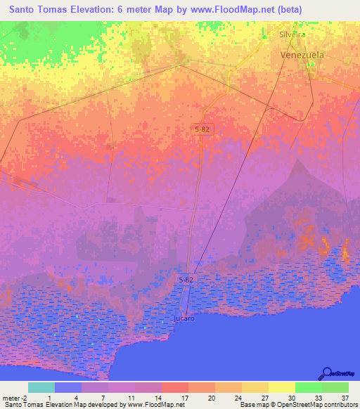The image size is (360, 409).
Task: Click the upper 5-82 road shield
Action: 203,129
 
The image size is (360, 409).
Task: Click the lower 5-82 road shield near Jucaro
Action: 185,279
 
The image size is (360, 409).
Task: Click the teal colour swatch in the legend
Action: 41,387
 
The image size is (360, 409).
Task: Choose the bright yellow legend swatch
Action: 281,387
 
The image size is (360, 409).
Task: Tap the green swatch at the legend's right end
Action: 335,387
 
